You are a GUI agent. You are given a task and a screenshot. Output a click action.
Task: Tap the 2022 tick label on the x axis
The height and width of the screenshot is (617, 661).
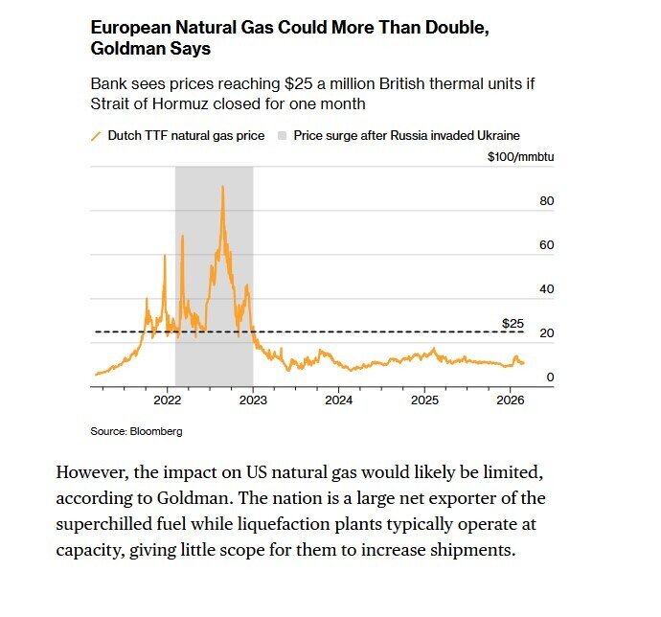[168, 399]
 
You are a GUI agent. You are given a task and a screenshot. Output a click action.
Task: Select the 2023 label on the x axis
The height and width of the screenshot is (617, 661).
[253, 399]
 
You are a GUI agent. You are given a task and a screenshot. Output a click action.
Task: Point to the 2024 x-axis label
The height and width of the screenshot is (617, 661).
[339, 399]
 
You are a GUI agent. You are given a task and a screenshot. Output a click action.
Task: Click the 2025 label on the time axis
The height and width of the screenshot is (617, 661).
[424, 399]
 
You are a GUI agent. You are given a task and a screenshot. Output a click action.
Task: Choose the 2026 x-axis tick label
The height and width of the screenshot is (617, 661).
[510, 399]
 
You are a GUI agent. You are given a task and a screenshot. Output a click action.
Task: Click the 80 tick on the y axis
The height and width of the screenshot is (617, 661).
[548, 201]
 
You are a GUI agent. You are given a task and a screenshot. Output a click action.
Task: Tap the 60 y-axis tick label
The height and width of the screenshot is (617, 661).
[548, 245]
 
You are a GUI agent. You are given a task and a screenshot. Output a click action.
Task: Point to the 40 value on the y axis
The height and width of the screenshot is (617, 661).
[548, 289]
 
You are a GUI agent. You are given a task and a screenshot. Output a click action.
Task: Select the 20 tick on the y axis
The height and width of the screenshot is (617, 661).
[548, 333]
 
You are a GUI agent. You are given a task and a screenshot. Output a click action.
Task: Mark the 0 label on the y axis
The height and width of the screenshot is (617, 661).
[551, 377]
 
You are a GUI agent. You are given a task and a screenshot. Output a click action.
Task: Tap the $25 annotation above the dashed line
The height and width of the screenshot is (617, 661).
[513, 323]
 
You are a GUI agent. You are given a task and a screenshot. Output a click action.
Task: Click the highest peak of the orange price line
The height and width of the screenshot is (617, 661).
[222, 187]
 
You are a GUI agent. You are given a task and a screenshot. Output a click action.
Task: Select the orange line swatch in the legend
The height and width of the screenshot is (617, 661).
[96, 136]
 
